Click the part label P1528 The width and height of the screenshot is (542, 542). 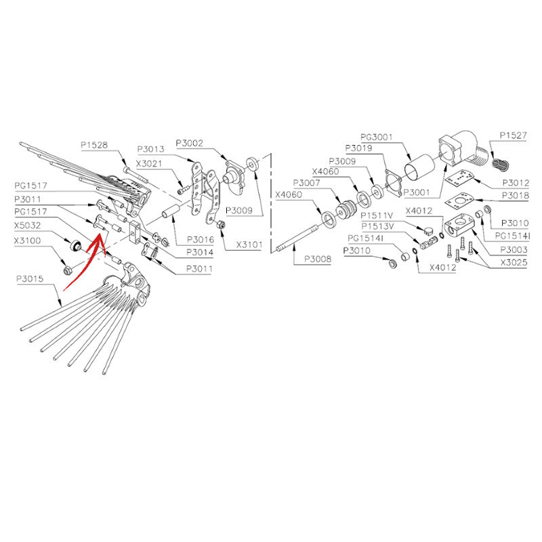[94, 145]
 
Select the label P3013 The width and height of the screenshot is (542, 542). [150, 149]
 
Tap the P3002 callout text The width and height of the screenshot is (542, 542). [190, 143]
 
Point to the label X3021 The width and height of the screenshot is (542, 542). [149, 163]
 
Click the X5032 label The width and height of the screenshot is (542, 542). [28, 226]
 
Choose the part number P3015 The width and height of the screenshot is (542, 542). [30, 278]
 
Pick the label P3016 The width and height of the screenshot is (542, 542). [201, 239]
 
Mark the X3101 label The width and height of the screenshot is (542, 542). [249, 245]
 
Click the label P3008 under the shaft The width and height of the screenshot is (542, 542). [318, 259]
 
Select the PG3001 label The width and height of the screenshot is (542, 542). [377, 138]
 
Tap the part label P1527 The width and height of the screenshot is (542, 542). [514, 135]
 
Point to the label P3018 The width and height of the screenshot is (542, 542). [516, 196]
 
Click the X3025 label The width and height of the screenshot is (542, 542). [514, 262]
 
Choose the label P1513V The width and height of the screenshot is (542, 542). [377, 226]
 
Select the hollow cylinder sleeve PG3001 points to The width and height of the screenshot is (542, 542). [419, 168]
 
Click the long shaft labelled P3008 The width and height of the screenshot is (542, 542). [297, 238]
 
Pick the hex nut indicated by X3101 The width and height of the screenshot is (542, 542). [221, 225]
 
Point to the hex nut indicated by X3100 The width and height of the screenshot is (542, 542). [68, 270]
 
